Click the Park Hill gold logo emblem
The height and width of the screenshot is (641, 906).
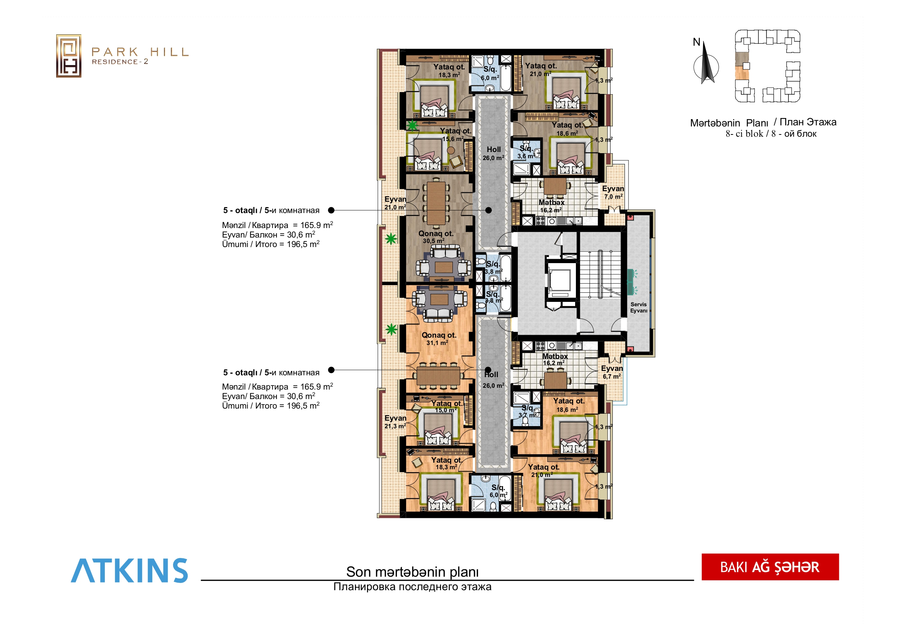pos(69,56)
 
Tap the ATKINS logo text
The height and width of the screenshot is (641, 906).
pos(129,570)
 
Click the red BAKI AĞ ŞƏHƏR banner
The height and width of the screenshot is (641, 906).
pos(770,567)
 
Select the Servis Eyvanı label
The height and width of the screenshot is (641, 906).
pos(638,308)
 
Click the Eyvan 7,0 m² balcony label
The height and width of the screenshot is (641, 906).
pos(613,192)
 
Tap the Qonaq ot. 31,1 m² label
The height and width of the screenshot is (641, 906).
pos(439,338)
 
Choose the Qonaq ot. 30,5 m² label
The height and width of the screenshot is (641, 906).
pos(436,237)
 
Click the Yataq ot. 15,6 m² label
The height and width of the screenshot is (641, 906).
pos(455,134)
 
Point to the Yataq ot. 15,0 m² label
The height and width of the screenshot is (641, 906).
pos(446,406)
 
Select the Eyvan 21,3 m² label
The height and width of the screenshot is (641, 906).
pos(395,422)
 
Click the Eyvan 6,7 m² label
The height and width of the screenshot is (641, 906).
pos(612,372)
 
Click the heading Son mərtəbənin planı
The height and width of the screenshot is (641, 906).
pos(412,572)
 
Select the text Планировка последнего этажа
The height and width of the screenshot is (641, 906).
pos(412,587)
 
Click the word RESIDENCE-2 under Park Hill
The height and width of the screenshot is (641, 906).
pos(120,62)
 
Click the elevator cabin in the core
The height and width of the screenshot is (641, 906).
pos(559,280)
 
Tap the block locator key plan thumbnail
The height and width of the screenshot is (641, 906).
pos(768,66)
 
